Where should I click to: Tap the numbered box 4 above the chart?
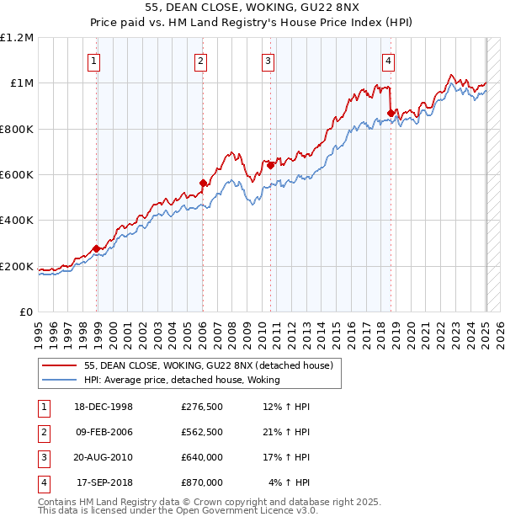point(389,60)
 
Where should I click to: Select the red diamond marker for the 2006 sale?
point(203,183)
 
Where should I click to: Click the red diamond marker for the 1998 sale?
point(97,248)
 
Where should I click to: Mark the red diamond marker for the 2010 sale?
point(271,166)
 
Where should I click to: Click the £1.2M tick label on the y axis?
point(17,38)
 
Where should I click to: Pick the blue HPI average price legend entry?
point(181,380)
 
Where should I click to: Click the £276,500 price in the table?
point(202,407)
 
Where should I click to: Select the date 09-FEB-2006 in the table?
point(104,432)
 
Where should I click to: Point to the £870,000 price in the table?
point(202,482)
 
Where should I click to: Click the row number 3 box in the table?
point(43,457)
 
